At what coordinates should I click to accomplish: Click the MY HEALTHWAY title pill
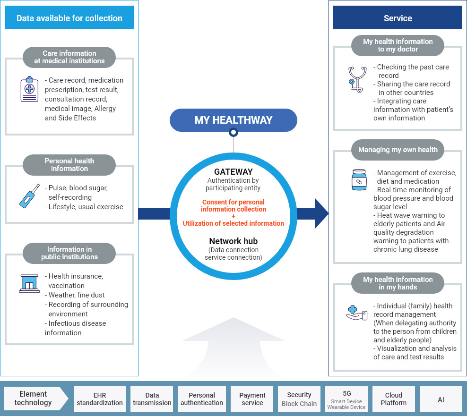233,120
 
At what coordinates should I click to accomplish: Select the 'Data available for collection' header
69,18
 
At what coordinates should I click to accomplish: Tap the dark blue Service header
398,18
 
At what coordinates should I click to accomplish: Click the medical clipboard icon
29,89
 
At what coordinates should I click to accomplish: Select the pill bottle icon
359,180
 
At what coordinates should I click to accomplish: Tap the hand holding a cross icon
357,313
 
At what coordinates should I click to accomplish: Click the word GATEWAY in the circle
233,172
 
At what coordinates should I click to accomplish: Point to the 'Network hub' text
233,241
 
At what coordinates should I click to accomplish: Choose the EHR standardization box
100,399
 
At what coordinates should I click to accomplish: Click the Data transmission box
152,399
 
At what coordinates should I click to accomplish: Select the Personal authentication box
202,399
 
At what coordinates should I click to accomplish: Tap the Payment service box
252,399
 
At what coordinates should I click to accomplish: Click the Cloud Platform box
394,399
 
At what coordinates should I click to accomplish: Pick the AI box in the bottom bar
441,399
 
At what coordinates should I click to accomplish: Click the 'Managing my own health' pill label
398,150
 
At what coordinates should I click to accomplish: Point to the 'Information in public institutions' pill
69,253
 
